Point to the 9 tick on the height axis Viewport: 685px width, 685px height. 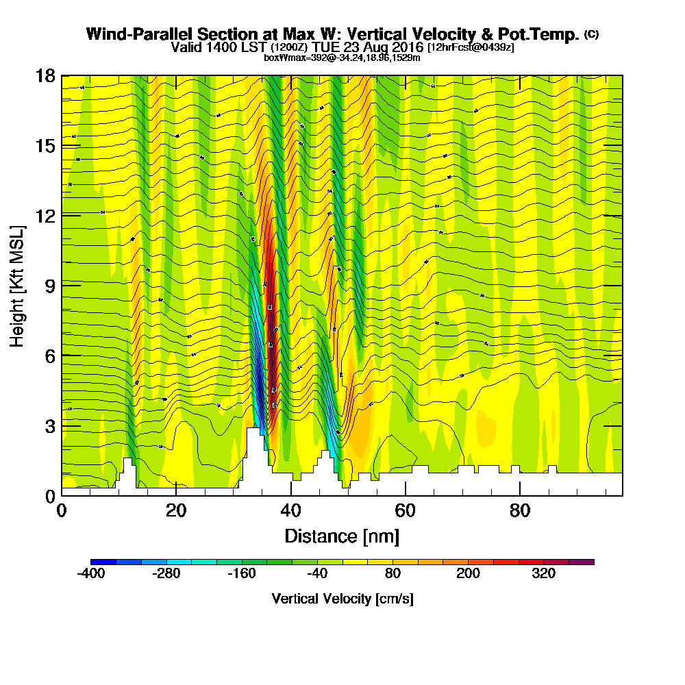(x=49, y=285)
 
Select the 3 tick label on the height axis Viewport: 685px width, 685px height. (x=49, y=425)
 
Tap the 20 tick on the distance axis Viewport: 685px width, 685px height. (x=176, y=511)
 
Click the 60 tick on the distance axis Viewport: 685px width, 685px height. (x=406, y=511)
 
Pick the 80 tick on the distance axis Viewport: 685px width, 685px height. (x=521, y=511)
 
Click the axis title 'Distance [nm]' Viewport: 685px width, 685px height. (x=342, y=536)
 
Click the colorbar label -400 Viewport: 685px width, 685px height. (x=90, y=574)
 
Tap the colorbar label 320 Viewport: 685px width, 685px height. (x=544, y=574)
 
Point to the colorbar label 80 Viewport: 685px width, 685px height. (x=393, y=574)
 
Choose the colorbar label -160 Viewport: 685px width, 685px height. (x=241, y=574)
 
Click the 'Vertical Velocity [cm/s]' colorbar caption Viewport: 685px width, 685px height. (x=342, y=599)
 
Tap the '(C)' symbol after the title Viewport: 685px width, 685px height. (x=591, y=34)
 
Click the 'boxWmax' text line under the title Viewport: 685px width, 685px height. (x=342, y=58)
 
